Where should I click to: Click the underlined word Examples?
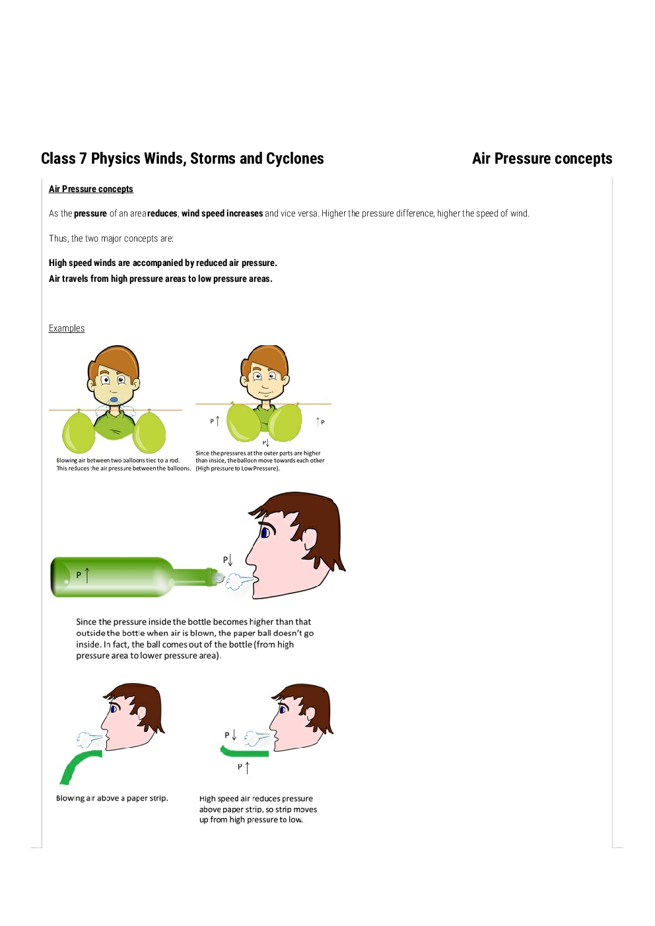pyautogui.click(x=67, y=328)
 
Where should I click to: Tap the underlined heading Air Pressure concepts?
pyautogui.click(x=91, y=189)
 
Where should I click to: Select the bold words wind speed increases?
pyautogui.click(x=222, y=213)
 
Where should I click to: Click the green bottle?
pyautogui.click(x=132, y=577)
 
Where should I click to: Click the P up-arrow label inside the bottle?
pyautogui.click(x=83, y=575)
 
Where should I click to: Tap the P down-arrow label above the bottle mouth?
pyautogui.click(x=228, y=560)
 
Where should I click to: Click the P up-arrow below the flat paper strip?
pyautogui.click(x=244, y=767)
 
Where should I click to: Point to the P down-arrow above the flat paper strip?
pyautogui.click(x=230, y=735)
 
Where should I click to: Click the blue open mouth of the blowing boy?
pyautogui.click(x=114, y=400)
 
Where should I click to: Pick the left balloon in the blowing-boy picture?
pyautogui.click(x=79, y=432)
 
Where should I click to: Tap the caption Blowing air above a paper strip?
pyautogui.click(x=112, y=798)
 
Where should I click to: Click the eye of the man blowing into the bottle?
pyautogui.click(x=265, y=533)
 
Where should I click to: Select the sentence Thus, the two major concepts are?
pyautogui.click(x=111, y=238)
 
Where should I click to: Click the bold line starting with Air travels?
pyautogui.click(x=160, y=279)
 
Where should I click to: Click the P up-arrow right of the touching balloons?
pyautogui.click(x=320, y=422)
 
